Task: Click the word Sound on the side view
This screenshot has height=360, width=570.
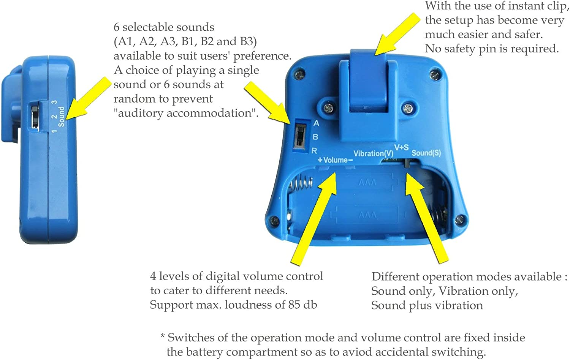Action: coord(61,117)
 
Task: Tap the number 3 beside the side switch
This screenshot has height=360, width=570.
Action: coord(54,102)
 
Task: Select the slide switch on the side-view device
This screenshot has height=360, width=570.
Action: coord(34,117)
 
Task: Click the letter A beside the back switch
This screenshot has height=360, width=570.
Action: coord(316,123)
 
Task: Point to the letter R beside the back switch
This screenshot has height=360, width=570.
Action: coord(314,151)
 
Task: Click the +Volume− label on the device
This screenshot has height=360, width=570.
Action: coord(335,160)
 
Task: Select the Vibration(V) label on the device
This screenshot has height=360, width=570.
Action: coord(373,153)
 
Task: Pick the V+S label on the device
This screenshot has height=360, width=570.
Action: coord(401,147)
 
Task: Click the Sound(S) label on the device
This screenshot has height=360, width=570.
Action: coord(426,153)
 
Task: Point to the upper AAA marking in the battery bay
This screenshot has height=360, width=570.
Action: coord(367,182)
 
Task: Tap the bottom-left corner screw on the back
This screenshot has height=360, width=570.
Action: coord(274,220)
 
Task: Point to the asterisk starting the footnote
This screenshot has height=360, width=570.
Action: coord(163,336)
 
